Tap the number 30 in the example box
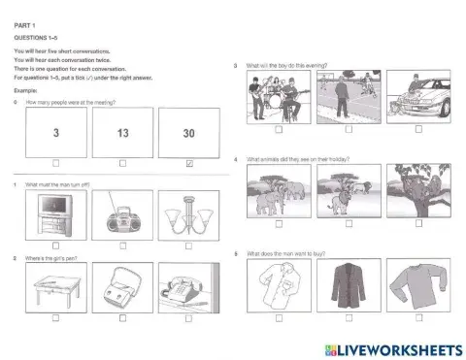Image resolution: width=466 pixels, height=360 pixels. tap(189, 132)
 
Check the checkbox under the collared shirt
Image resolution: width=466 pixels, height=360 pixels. tap(279, 317)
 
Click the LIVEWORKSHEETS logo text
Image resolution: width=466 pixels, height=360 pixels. tap(399, 346)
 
